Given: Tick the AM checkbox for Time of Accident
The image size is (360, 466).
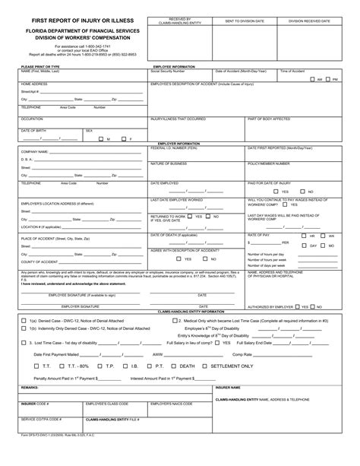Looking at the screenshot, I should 312,78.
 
